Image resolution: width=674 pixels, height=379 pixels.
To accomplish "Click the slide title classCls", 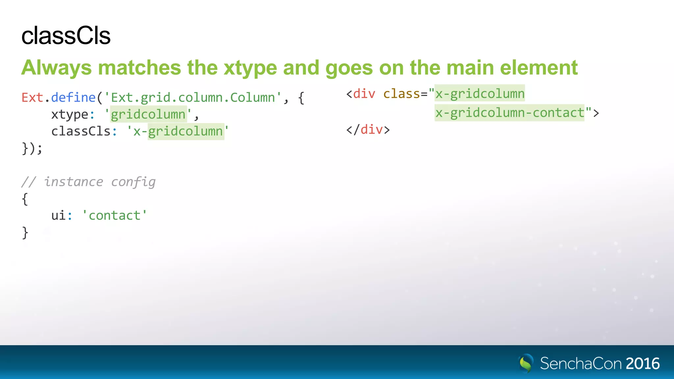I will click(66, 36).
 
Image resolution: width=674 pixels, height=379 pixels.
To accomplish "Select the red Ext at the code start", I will click(32, 98).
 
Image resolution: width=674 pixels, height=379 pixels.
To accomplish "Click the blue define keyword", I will click(73, 98).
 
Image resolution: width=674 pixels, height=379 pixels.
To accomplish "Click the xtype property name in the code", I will click(70, 114).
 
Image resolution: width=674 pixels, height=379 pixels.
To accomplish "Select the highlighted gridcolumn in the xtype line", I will click(148, 114).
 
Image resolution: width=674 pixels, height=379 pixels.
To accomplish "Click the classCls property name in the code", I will click(81, 131).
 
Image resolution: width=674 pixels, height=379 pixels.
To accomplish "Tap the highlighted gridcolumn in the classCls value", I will click(186, 131).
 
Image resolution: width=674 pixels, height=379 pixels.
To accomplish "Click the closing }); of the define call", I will click(32, 148).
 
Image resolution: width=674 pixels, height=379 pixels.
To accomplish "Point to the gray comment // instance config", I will click(88, 182).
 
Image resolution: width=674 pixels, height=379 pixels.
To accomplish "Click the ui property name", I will click(59, 216).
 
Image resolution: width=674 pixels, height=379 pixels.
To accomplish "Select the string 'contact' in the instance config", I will click(115, 216).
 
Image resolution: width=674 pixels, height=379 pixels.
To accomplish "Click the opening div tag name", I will click(364, 94).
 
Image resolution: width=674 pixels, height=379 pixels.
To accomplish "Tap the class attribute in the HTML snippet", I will click(402, 94).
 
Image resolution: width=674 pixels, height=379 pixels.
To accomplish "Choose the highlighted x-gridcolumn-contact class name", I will click(509, 113).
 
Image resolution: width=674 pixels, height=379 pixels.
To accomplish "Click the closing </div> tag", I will click(368, 130).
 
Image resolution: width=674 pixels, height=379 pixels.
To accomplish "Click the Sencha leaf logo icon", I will click(526, 363).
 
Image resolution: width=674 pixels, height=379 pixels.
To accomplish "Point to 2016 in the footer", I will click(642, 364).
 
